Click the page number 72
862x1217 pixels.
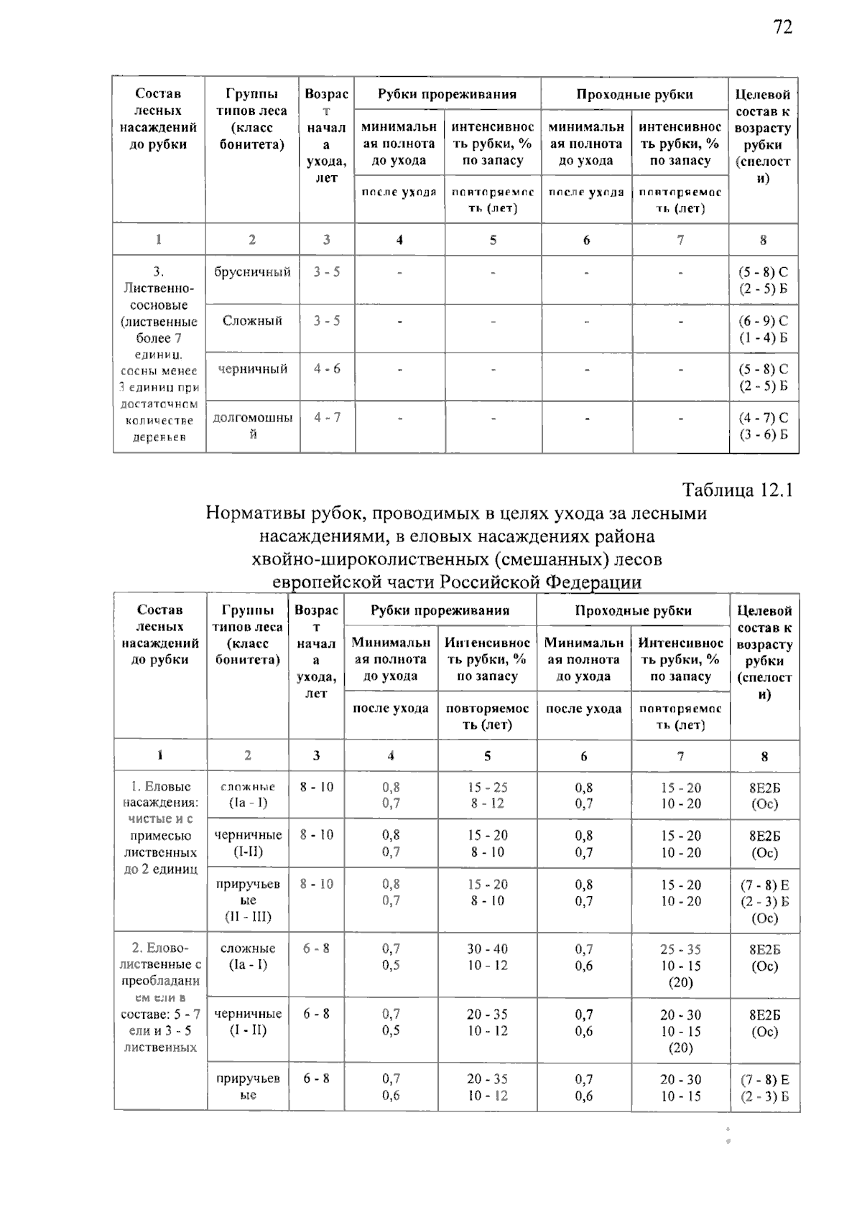(782, 28)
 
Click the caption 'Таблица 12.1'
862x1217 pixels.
(737, 490)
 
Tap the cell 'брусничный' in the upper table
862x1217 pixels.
(252, 272)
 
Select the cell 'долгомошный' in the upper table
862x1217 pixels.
(252, 426)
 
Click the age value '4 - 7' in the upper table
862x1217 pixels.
(327, 417)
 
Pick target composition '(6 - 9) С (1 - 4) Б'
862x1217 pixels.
(763, 329)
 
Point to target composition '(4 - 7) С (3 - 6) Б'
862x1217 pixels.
(763, 426)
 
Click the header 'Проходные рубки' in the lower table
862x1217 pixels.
(633, 611)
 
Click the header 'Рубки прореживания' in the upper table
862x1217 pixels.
(447, 95)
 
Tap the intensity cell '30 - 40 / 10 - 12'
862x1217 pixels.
(487, 957)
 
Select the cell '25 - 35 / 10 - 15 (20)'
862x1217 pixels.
(680, 965)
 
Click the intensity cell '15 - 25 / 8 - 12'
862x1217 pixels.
(487, 795)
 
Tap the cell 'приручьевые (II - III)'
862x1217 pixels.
(248, 900)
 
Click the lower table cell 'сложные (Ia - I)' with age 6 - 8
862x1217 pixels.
(248, 956)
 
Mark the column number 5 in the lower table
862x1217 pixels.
(487, 755)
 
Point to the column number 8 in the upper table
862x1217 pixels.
(763, 240)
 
